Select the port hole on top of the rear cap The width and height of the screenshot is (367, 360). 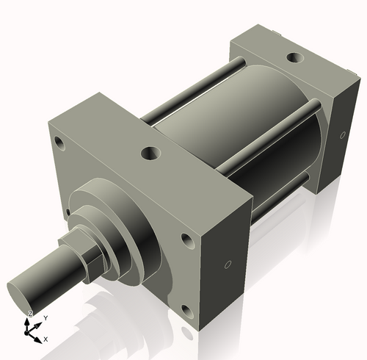294,57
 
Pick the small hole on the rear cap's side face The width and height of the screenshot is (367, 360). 343,135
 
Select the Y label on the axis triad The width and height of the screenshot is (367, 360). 46,317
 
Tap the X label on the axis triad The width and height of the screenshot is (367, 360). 46,339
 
